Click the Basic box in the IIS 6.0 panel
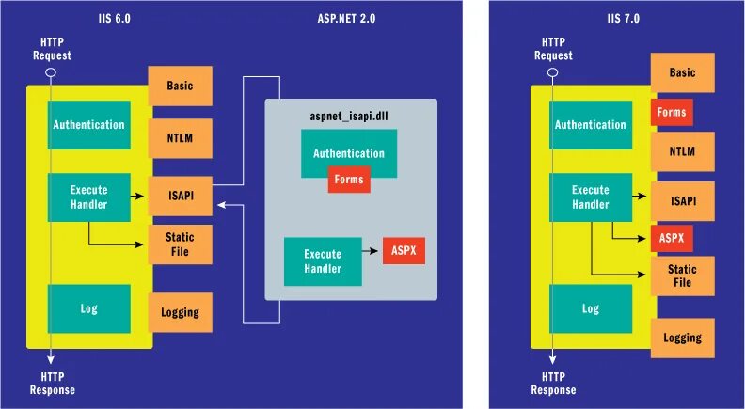click(x=180, y=87)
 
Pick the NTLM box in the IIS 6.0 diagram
click(x=180, y=138)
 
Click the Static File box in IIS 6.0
click(x=180, y=244)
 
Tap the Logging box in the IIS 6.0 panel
click(x=180, y=312)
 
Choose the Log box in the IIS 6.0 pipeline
click(x=89, y=308)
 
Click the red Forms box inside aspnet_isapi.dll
click(x=349, y=180)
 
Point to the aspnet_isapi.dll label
click(x=348, y=117)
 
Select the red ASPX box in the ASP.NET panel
click(x=404, y=251)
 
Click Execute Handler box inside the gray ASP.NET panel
click(x=322, y=260)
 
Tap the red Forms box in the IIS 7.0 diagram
click(x=672, y=113)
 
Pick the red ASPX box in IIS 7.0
click(x=672, y=238)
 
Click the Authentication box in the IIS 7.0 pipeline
click(x=591, y=125)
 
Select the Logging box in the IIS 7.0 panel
click(x=682, y=338)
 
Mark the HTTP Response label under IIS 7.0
click(x=553, y=384)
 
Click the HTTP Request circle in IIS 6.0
click(x=52, y=72)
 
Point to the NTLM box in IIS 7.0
click(x=682, y=151)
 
